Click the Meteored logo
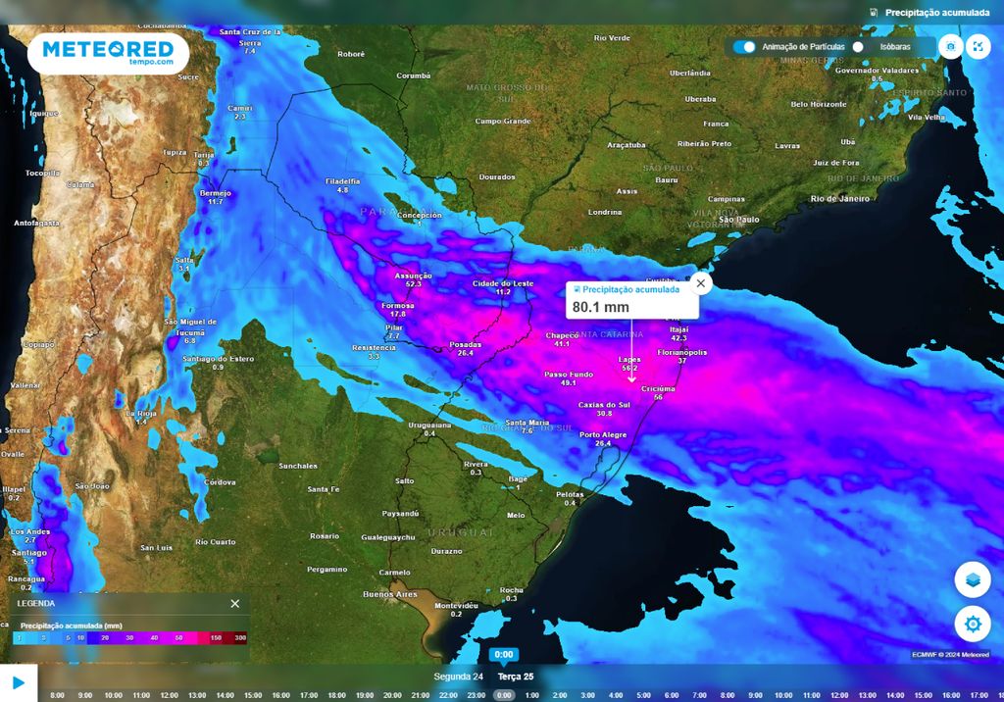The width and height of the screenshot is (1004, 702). click(108, 53)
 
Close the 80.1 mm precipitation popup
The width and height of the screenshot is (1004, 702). click(700, 283)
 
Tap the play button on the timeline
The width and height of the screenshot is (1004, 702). click(18, 682)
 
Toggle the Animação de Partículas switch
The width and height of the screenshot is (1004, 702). click(745, 46)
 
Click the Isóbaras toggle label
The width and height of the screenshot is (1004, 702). click(895, 47)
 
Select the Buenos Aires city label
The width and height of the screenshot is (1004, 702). click(391, 594)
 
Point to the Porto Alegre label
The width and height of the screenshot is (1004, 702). click(603, 434)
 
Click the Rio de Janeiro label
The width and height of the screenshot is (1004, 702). click(840, 198)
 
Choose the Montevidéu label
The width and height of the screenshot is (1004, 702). click(456, 605)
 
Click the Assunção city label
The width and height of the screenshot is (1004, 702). click(413, 276)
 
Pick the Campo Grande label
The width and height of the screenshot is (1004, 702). click(502, 122)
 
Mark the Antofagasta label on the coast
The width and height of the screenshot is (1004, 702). click(37, 223)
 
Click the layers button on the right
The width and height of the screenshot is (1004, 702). click(972, 579)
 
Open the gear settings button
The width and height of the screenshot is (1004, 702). click(972, 624)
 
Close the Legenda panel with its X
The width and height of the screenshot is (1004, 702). click(234, 603)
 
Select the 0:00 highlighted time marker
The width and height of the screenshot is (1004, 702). click(503, 695)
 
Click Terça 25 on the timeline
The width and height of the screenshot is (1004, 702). click(516, 677)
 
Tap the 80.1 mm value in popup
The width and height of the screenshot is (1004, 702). click(601, 307)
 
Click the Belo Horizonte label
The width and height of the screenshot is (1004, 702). click(819, 104)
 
